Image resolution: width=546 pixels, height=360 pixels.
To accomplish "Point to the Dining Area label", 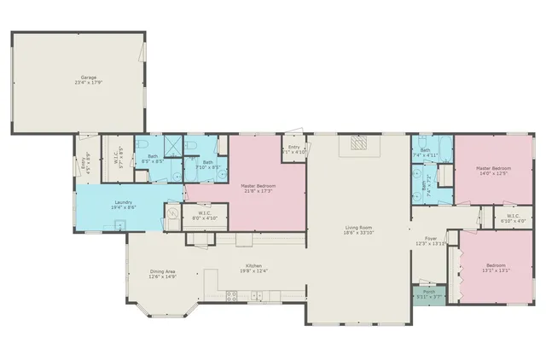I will point(162,272).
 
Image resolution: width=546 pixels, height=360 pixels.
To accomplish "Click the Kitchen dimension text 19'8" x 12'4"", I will point(253,271).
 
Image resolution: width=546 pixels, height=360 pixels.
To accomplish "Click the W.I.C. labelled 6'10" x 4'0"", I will point(513,218).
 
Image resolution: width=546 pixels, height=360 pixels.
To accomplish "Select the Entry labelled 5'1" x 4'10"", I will point(295,149).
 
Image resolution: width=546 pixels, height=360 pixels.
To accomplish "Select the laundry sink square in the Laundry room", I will point(121,226).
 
